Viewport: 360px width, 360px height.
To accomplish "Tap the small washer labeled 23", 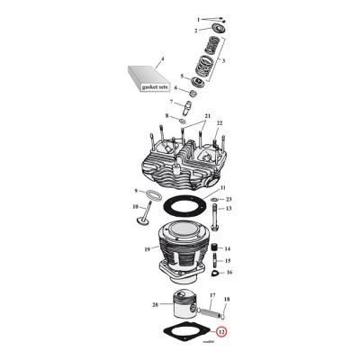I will click(x=214, y=199).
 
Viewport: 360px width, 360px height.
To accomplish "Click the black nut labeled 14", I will click(x=215, y=248).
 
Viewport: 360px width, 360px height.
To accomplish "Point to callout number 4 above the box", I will click(x=162, y=59).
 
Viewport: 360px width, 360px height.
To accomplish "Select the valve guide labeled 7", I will click(x=185, y=103).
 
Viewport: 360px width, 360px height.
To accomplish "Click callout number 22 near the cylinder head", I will click(x=218, y=122).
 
